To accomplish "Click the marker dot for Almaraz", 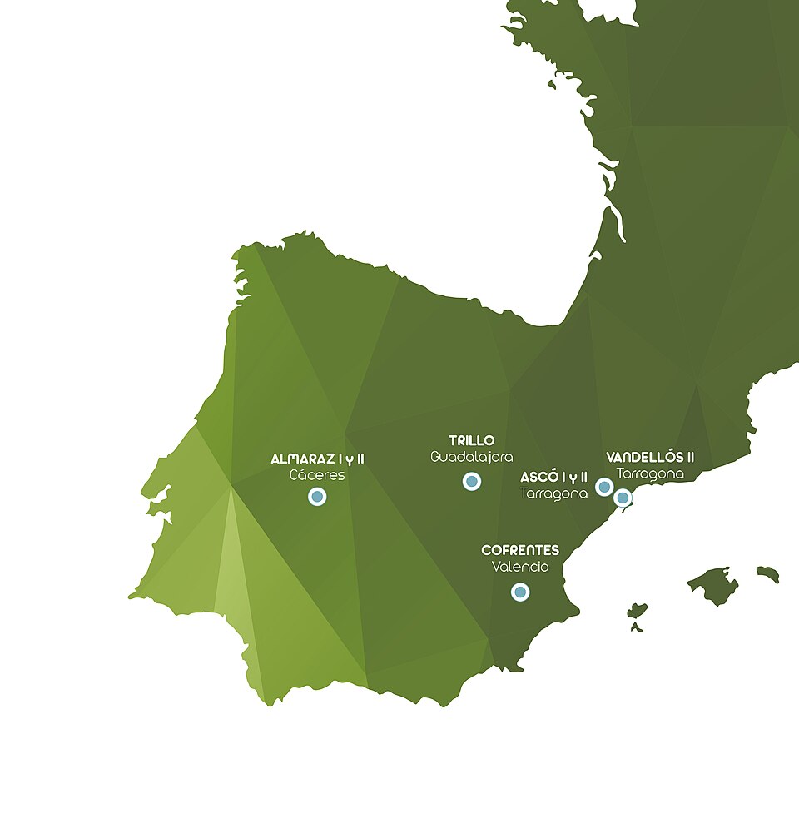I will click(x=317, y=497).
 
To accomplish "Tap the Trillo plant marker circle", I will click(x=472, y=481).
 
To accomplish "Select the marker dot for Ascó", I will click(x=605, y=487).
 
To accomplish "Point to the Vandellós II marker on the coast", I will click(x=623, y=498).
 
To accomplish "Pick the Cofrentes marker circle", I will click(x=520, y=592).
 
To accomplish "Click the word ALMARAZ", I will click(x=303, y=459).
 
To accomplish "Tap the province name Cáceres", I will click(x=317, y=475).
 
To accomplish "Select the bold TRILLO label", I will click(x=472, y=440).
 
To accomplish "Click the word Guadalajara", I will click(x=472, y=457).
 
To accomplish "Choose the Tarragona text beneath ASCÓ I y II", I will click(x=553, y=493).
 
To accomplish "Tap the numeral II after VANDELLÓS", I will click(x=688, y=457).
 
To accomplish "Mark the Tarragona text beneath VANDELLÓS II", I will click(x=650, y=473).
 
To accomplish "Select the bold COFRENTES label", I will click(x=520, y=550).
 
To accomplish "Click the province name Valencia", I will click(x=520, y=567).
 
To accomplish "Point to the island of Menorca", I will click(x=768, y=573).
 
